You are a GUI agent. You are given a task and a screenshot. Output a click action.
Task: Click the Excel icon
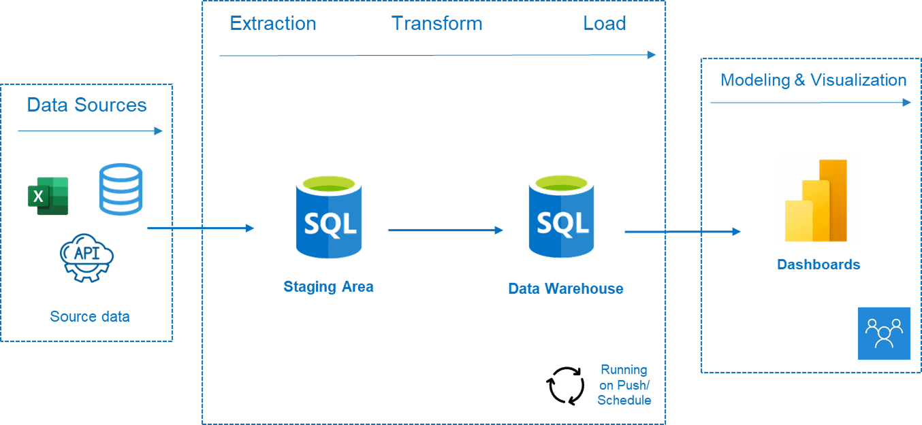click(48, 196)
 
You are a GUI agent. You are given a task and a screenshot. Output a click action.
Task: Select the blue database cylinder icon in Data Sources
click(121, 189)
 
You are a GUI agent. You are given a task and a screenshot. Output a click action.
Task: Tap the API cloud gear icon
click(87, 258)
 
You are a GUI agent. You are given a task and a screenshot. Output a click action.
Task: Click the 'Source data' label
click(90, 316)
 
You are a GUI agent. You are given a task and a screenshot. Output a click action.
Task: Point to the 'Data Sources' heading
click(87, 105)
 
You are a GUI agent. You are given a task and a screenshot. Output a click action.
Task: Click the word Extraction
click(273, 23)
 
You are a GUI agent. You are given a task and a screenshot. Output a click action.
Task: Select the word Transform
click(436, 23)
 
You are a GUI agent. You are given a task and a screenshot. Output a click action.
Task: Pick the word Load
click(605, 23)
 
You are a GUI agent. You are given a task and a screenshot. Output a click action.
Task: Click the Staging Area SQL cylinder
click(329, 217)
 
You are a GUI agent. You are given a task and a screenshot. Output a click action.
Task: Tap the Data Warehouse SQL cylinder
click(561, 216)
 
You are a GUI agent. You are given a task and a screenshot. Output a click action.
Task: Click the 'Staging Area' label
click(328, 286)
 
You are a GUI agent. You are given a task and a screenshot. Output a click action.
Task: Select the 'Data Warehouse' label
click(566, 288)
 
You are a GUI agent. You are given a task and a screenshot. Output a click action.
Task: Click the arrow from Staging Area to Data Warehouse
click(446, 230)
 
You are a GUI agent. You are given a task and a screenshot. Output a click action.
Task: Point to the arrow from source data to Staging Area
click(201, 228)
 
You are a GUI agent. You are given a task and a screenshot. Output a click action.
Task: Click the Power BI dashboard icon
click(816, 200)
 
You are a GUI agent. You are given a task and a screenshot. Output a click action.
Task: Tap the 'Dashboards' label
click(818, 265)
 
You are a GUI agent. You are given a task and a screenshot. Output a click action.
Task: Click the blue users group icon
click(884, 333)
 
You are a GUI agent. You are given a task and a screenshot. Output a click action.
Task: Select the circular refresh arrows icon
click(566, 386)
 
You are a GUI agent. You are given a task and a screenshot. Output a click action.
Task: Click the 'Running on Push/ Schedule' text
click(624, 385)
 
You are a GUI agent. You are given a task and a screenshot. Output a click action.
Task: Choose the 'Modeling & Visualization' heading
click(813, 80)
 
